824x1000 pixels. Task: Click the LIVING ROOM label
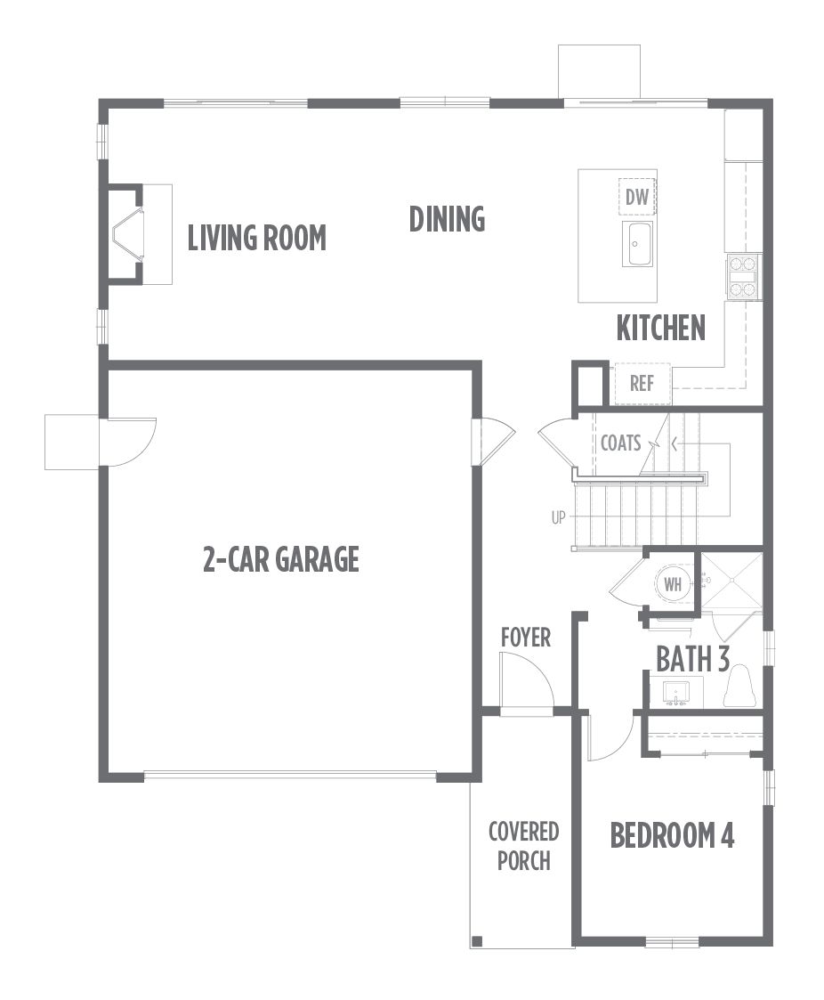click(257, 238)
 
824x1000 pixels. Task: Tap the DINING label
click(447, 219)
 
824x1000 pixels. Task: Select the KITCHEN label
click(661, 328)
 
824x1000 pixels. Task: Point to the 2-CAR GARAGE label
click(281, 558)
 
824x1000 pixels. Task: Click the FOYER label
click(526, 637)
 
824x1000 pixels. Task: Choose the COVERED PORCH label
click(524, 846)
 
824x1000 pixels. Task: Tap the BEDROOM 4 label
click(673, 835)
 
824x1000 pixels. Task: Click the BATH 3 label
click(692, 659)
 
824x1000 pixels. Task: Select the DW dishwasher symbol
click(636, 197)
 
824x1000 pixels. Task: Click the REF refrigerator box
click(642, 384)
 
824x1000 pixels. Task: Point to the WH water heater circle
click(673, 583)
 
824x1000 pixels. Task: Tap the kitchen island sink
click(637, 244)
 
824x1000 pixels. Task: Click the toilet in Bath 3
click(739, 687)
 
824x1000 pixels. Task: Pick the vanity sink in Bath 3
click(675, 693)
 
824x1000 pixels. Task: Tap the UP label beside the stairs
click(558, 518)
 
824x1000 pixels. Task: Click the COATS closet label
click(621, 443)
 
